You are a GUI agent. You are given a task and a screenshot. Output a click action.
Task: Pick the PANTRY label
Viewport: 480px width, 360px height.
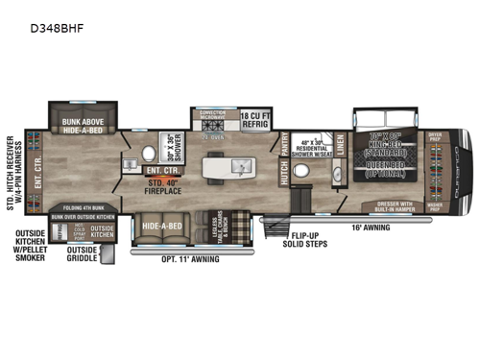(x=285, y=140)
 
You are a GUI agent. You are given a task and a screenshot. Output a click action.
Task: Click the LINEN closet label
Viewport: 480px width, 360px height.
(x=340, y=142)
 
